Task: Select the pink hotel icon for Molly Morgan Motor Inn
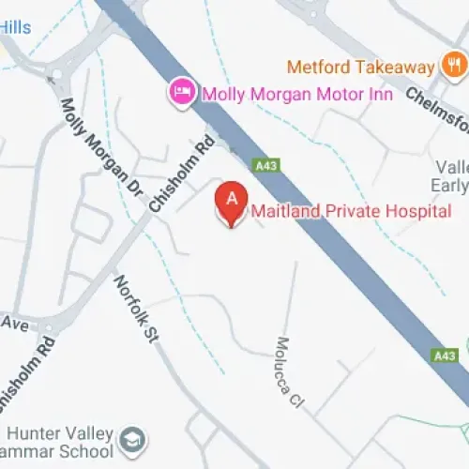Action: coord(179,92)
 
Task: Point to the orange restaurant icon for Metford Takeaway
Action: coord(453,67)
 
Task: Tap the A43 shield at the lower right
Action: coord(445,356)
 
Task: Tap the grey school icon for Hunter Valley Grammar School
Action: coord(134,438)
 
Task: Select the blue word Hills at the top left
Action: coord(15,27)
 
